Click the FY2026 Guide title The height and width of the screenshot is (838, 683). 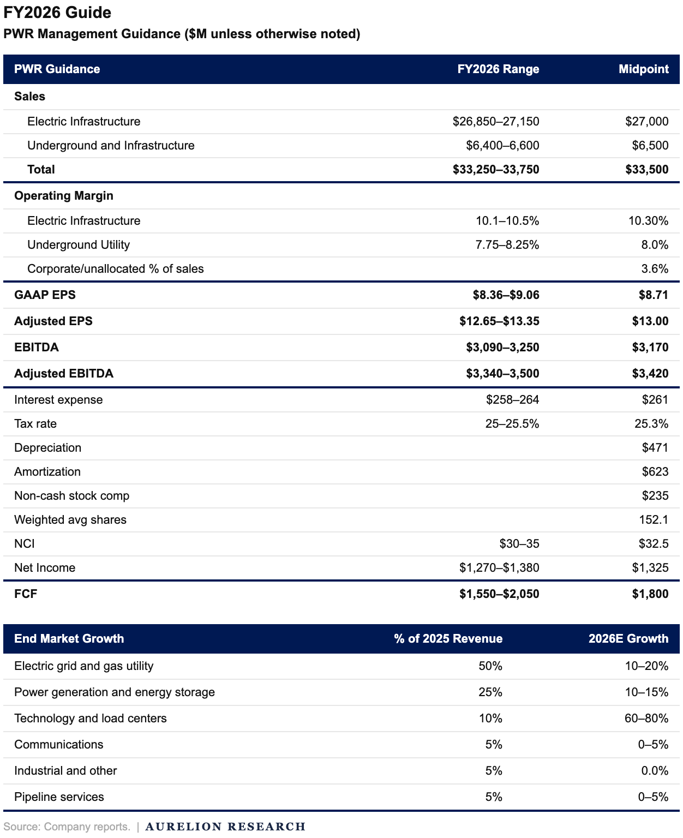point(57,13)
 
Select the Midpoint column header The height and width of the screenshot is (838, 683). point(643,69)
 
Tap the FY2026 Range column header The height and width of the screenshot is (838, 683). point(498,69)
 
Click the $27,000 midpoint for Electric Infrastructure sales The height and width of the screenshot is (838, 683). point(646,122)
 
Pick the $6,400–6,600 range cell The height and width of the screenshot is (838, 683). point(502,146)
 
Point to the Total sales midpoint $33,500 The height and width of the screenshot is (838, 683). point(646,170)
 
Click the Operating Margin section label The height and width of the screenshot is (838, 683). point(64,196)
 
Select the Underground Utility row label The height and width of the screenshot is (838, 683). point(79,245)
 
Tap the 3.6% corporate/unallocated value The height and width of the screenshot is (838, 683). point(655,269)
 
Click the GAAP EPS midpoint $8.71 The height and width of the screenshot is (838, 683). point(653,295)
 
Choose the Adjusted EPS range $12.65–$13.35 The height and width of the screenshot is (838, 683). point(499,321)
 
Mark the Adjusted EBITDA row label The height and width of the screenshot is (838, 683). point(64,374)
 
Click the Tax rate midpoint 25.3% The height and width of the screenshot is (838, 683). point(651,424)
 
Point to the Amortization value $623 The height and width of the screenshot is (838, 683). point(655,472)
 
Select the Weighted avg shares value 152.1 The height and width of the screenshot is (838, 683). point(654,520)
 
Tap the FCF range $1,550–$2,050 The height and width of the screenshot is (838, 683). point(499,594)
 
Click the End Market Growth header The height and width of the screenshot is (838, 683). point(69,639)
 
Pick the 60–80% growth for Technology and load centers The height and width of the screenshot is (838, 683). point(646,719)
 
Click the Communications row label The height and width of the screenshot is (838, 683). point(59,745)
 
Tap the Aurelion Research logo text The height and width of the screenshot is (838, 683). point(225,827)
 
